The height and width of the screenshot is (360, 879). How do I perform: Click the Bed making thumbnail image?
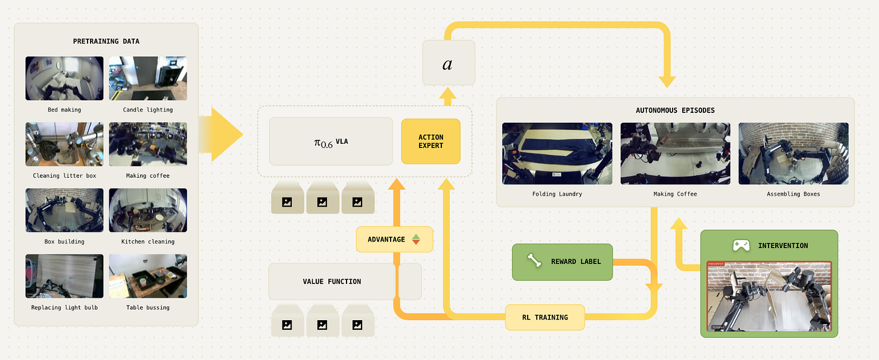[64, 79]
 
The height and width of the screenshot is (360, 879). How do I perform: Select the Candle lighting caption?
[148, 110]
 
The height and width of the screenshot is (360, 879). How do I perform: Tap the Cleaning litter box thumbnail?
[64, 144]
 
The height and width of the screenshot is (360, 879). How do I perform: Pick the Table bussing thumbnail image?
[148, 276]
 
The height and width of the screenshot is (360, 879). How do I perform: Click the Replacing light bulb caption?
[64, 307]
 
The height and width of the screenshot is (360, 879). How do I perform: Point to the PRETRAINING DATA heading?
[106, 41]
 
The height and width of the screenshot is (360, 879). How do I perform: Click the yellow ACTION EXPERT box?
[430, 141]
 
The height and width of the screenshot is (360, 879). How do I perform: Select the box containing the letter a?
[448, 63]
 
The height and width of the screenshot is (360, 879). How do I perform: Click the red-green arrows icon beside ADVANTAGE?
[415, 239]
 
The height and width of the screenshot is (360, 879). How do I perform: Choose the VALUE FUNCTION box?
[332, 281]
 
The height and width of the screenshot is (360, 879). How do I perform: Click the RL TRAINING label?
[545, 317]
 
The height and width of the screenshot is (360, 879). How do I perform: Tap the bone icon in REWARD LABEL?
[534, 261]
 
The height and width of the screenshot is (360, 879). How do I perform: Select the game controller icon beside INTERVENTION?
[741, 245]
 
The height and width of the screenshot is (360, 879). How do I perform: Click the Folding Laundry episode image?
[557, 153]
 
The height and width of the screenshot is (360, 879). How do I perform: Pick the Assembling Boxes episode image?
[793, 153]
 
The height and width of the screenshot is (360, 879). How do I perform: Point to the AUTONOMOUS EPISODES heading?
[675, 111]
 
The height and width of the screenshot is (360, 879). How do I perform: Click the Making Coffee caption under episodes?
[675, 194]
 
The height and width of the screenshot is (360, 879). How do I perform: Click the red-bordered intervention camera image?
[769, 297]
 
